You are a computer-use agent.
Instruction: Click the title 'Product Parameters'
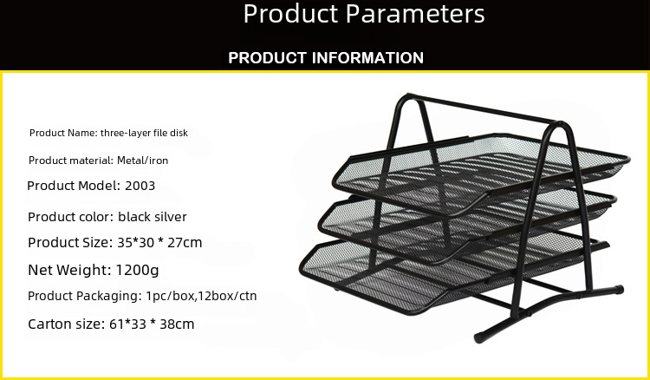pos(363,14)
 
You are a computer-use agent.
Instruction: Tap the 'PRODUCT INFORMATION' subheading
pos(326,57)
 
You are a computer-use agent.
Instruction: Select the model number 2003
pos(140,186)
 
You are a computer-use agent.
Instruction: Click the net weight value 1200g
pos(137,270)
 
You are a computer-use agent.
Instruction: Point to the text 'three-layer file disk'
pos(144,133)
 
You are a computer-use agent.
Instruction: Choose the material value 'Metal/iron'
pos(143,161)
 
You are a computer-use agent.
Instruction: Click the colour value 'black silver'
pos(153,217)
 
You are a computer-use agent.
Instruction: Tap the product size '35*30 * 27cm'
pos(159,242)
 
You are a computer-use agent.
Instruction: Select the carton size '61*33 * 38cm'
pos(152,324)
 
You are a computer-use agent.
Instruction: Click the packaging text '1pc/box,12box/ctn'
pos(201,296)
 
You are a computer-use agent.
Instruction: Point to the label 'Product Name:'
pos(63,133)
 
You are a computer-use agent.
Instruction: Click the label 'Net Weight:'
pos(69,270)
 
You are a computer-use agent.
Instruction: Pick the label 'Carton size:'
pos(67,324)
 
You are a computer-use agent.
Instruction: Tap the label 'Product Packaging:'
pos(85,296)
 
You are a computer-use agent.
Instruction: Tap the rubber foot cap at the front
pos(479,337)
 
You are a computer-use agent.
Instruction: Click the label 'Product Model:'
pos(74,186)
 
